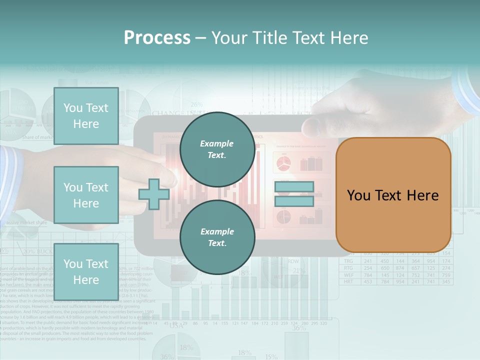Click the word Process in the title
(x=157, y=38)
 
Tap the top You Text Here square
(x=86, y=116)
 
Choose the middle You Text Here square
(x=86, y=195)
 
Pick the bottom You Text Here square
(x=86, y=271)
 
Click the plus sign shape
(x=154, y=194)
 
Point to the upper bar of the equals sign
(x=294, y=187)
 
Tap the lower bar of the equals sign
(x=294, y=201)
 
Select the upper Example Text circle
(x=217, y=149)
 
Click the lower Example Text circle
(x=217, y=237)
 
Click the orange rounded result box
(x=393, y=194)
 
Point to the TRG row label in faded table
(x=348, y=261)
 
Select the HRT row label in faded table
(x=348, y=282)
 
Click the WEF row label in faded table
(x=348, y=275)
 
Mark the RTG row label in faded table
(x=348, y=268)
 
